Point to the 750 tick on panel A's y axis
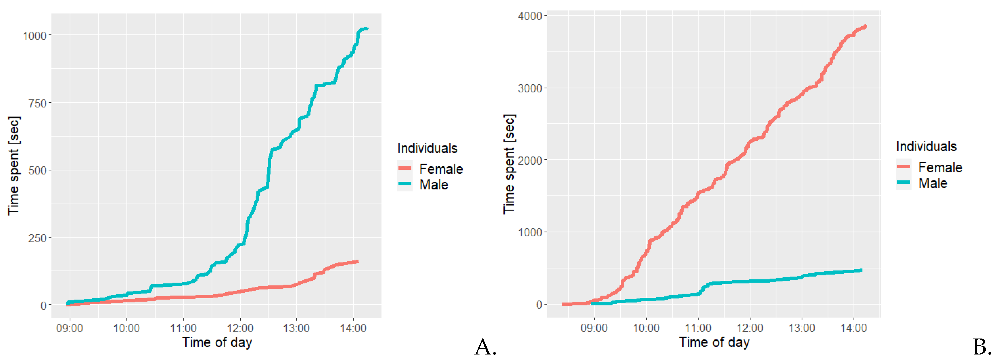pyautogui.click(x=37, y=103)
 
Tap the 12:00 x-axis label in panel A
pyautogui.click(x=240, y=328)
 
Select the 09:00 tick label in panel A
pyautogui.click(x=70, y=328)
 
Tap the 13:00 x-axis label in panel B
pyautogui.click(x=801, y=328)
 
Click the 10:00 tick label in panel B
pyautogui.click(x=646, y=328)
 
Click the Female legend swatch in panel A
pyautogui.click(x=405, y=168)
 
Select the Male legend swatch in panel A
pyautogui.click(x=405, y=184)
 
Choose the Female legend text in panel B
pyautogui.click(x=940, y=167)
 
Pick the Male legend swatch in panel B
pyautogui.click(x=904, y=182)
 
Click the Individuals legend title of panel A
pyautogui.click(x=427, y=148)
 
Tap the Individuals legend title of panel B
pyautogui.click(x=926, y=146)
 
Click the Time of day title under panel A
pyautogui.click(x=217, y=342)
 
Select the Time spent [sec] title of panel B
pyautogui.click(x=509, y=164)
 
